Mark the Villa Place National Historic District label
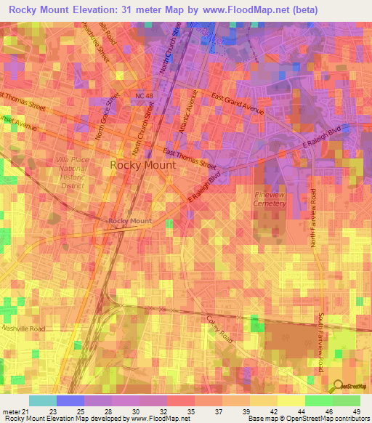point(71,172)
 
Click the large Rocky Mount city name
point(142,165)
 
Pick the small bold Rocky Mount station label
point(130,221)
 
